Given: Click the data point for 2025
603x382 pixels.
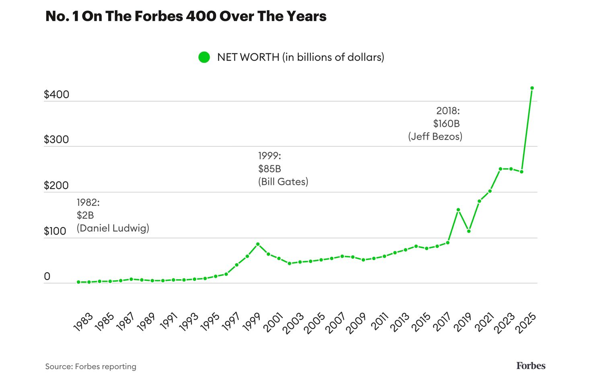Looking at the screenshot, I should (x=532, y=88).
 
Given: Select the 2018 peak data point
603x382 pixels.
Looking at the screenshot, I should (x=458, y=210).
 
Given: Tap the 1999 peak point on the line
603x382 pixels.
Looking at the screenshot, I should (x=258, y=244).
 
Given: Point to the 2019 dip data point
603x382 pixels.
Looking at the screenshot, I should (x=469, y=231).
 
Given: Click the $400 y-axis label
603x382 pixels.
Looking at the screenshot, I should (x=57, y=95).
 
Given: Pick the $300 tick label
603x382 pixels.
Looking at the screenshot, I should (x=57, y=140).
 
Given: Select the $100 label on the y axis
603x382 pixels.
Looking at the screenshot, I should (x=55, y=231).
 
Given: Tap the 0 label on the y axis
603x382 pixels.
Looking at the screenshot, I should (x=47, y=276).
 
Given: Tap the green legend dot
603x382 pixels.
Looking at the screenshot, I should (x=204, y=57).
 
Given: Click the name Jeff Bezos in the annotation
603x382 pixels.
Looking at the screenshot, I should (x=435, y=136).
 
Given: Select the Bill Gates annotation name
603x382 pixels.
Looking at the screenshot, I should (x=283, y=182).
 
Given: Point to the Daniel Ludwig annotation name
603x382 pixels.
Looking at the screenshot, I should (x=113, y=228).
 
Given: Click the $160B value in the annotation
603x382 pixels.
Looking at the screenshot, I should (x=446, y=124).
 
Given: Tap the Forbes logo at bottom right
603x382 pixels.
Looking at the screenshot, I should (x=531, y=366).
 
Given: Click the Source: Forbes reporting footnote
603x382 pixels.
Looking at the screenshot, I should (x=91, y=366).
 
